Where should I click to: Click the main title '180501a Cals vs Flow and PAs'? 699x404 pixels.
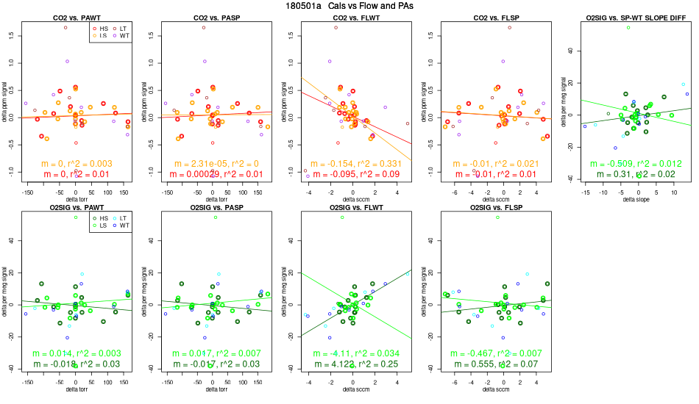click(x=349, y=6)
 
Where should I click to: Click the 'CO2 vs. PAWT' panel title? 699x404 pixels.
click(x=76, y=16)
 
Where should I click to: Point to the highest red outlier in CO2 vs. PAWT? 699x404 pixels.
click(x=65, y=27)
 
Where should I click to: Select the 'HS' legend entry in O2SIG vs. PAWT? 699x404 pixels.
click(x=99, y=218)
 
